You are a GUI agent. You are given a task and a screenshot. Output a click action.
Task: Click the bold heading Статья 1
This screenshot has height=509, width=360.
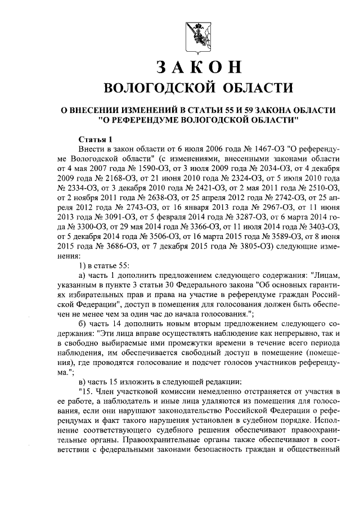point(96,139)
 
